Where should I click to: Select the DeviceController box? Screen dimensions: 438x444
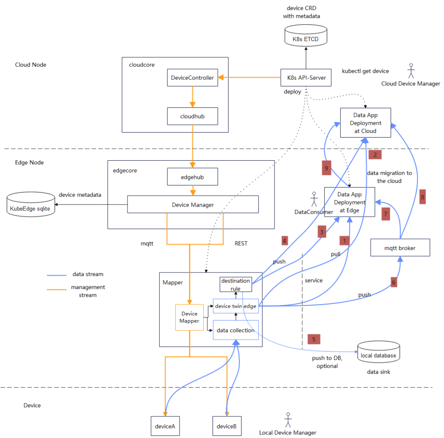pos(192,78)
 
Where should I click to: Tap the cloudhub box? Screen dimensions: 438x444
pos(192,116)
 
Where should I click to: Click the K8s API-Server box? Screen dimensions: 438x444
pos(306,78)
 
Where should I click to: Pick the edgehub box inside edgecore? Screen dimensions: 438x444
pos(192,177)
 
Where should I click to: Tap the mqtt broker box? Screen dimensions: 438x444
pos(400,247)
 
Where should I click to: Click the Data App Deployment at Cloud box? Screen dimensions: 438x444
pos(366,123)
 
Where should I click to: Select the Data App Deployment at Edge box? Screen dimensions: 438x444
pos(349,202)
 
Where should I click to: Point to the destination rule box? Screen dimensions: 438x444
pos(235,285)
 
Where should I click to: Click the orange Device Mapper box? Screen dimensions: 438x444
pos(189,318)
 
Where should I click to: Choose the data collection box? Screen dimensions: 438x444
pos(235,331)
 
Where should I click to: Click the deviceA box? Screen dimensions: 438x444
pos(165,426)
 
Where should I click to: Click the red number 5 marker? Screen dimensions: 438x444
pos(313,339)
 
